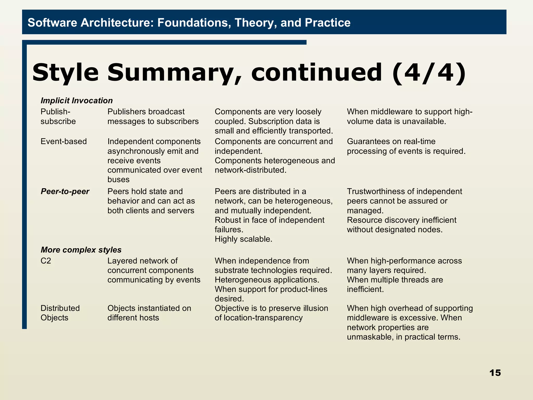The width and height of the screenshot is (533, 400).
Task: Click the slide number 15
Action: coord(495,373)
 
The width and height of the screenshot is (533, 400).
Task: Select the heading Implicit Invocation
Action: coord(77,101)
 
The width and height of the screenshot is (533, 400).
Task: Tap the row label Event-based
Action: coord(64,141)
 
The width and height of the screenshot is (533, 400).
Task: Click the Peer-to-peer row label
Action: coord(65,191)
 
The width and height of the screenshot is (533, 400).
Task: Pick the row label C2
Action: coord(46,261)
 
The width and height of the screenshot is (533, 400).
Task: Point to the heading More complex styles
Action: coord(81,250)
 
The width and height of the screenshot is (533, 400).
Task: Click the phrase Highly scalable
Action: coord(243,239)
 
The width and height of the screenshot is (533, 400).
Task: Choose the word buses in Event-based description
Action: coord(118,179)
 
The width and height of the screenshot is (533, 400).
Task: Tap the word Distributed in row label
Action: coord(60,308)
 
